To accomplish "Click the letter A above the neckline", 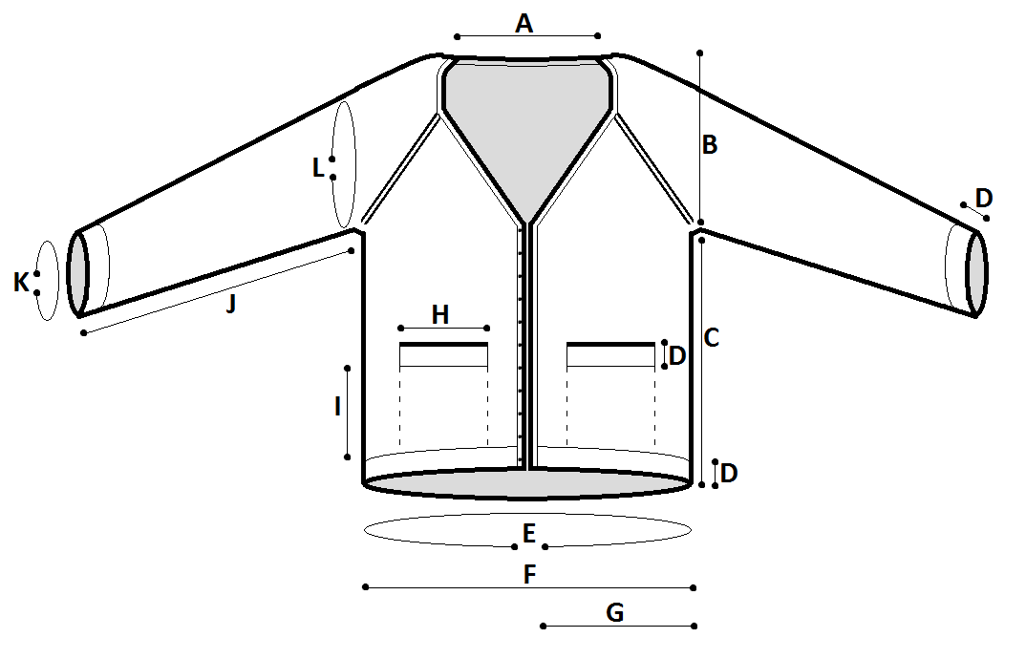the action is click(524, 24).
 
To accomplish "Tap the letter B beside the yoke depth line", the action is click(709, 144).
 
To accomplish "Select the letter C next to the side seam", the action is click(712, 338).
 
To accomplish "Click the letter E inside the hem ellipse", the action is click(529, 533).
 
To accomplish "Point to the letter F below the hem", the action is click(530, 575).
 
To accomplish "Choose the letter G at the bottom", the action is click(615, 612).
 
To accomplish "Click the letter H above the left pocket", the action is click(440, 315).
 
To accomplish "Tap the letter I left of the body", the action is click(337, 407).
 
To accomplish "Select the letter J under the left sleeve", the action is click(230, 304).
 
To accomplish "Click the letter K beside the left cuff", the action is click(22, 283).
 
